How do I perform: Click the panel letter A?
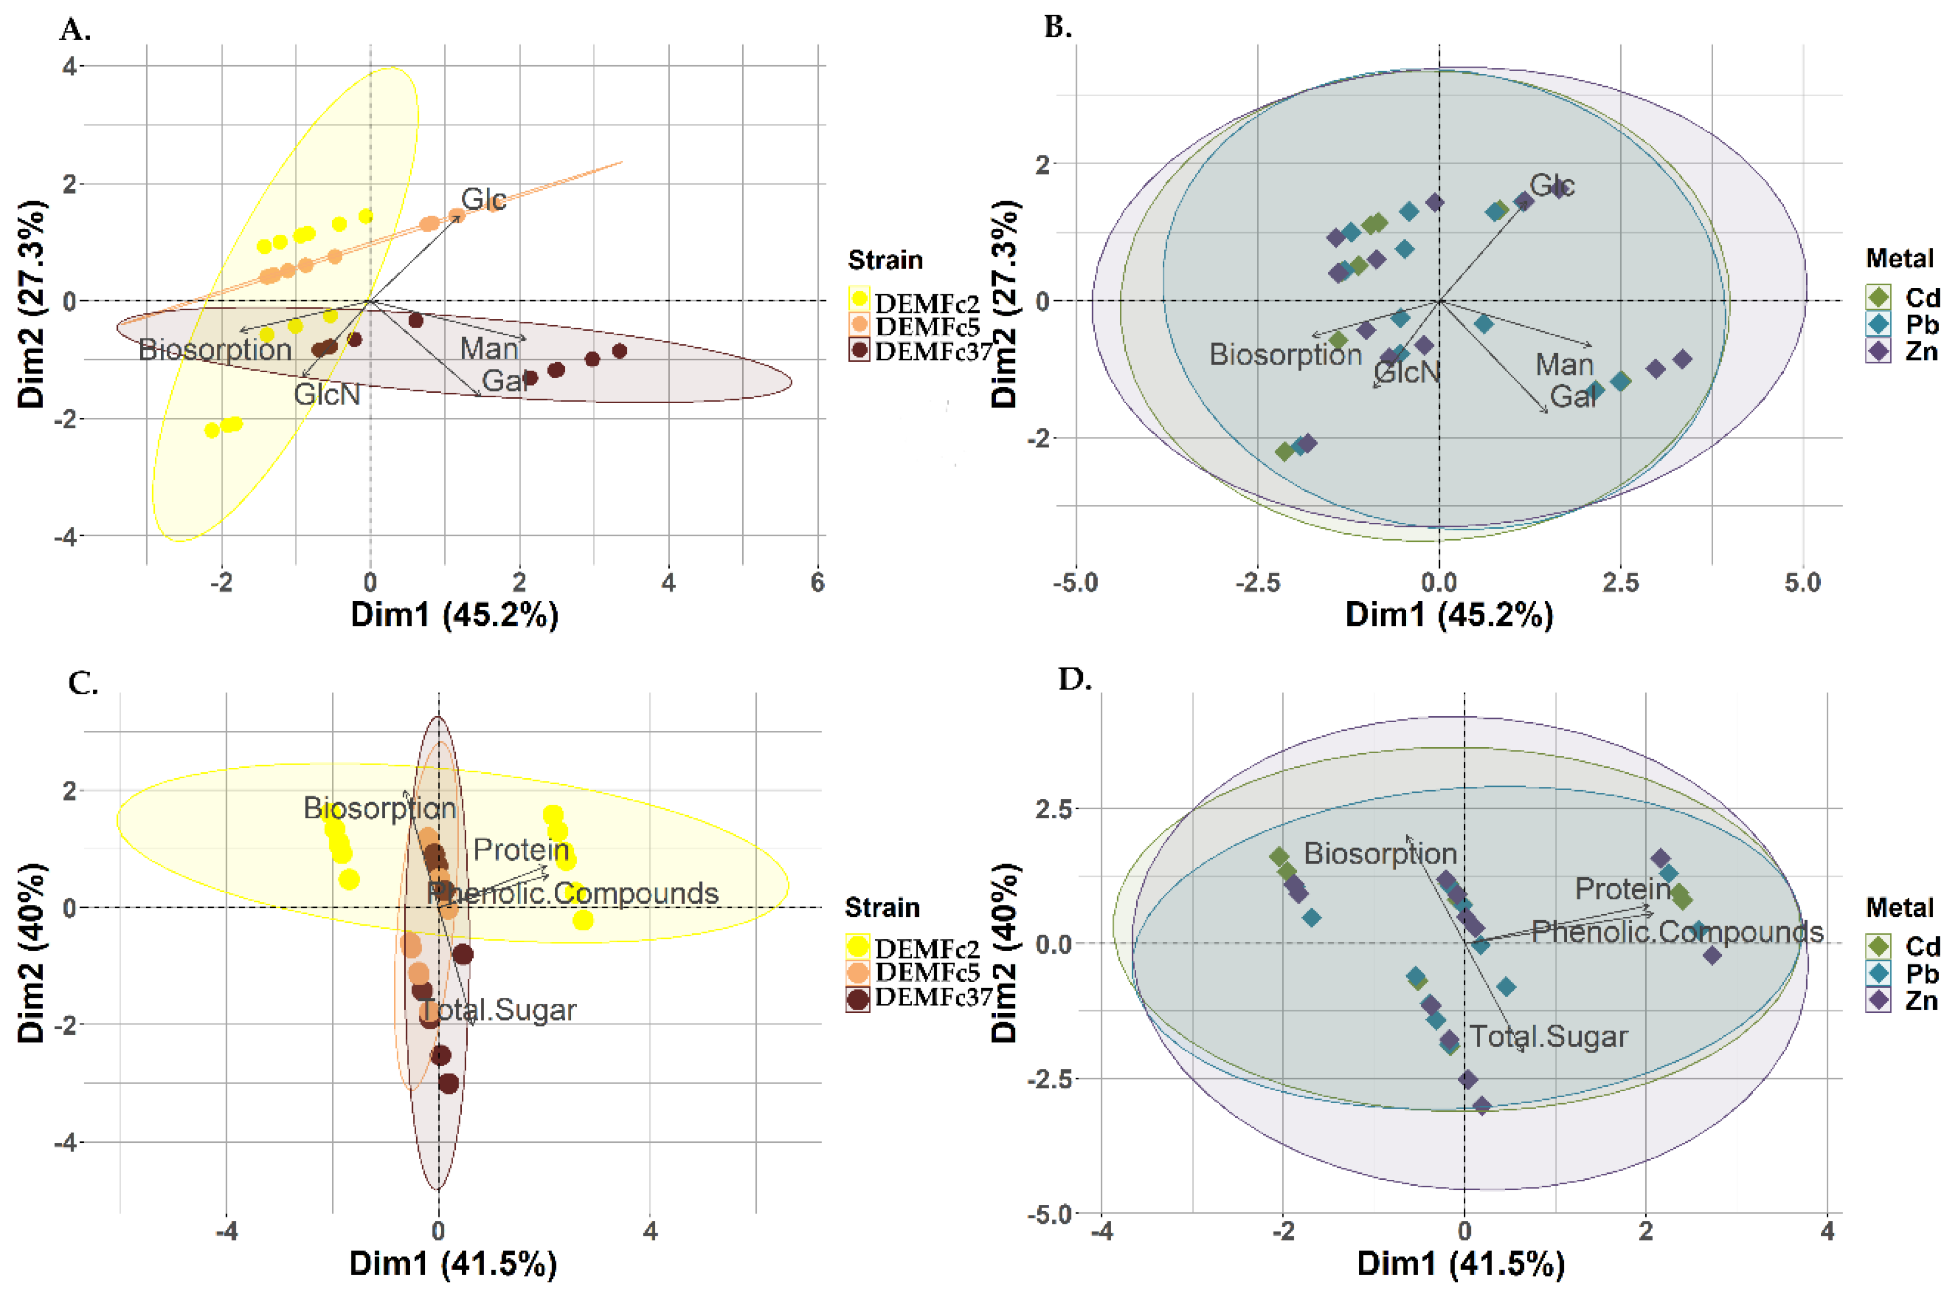[x=74, y=30]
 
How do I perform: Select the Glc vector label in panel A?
[x=483, y=199]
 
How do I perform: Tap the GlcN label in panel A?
[x=327, y=395]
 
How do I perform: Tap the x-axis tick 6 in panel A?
[x=817, y=583]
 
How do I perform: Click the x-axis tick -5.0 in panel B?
[x=1075, y=583]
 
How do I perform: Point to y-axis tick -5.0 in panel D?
[x=1049, y=1214]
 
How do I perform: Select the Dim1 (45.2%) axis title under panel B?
[x=1449, y=615]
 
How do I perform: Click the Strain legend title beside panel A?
[x=885, y=260]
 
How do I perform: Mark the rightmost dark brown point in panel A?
[x=619, y=351]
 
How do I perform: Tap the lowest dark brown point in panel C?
[x=448, y=1083]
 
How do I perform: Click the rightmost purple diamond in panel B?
[x=1682, y=359]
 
